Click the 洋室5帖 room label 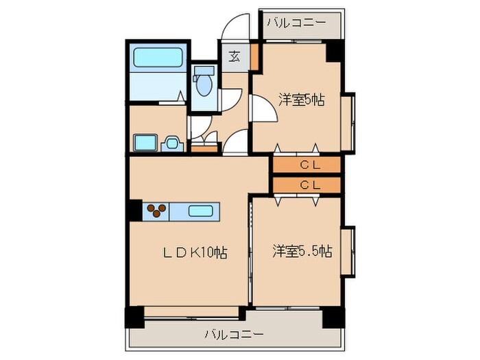coord(301,100)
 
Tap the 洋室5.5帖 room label coord(302,251)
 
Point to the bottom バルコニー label coord(233,335)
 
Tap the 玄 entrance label coord(234,57)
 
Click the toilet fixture coord(203,84)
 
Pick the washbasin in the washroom coord(144,143)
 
